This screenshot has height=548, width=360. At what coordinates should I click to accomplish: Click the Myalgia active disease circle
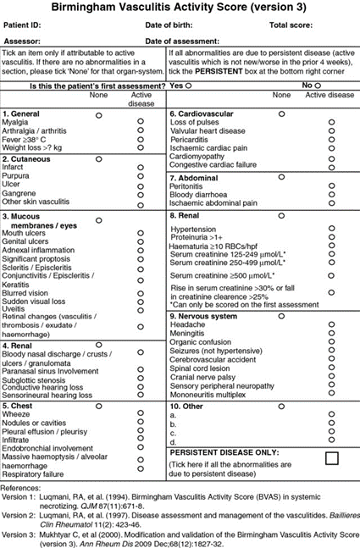click(141, 122)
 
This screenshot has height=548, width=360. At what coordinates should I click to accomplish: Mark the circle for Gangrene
click(141, 192)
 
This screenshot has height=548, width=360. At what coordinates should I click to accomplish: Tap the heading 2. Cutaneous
click(26, 158)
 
